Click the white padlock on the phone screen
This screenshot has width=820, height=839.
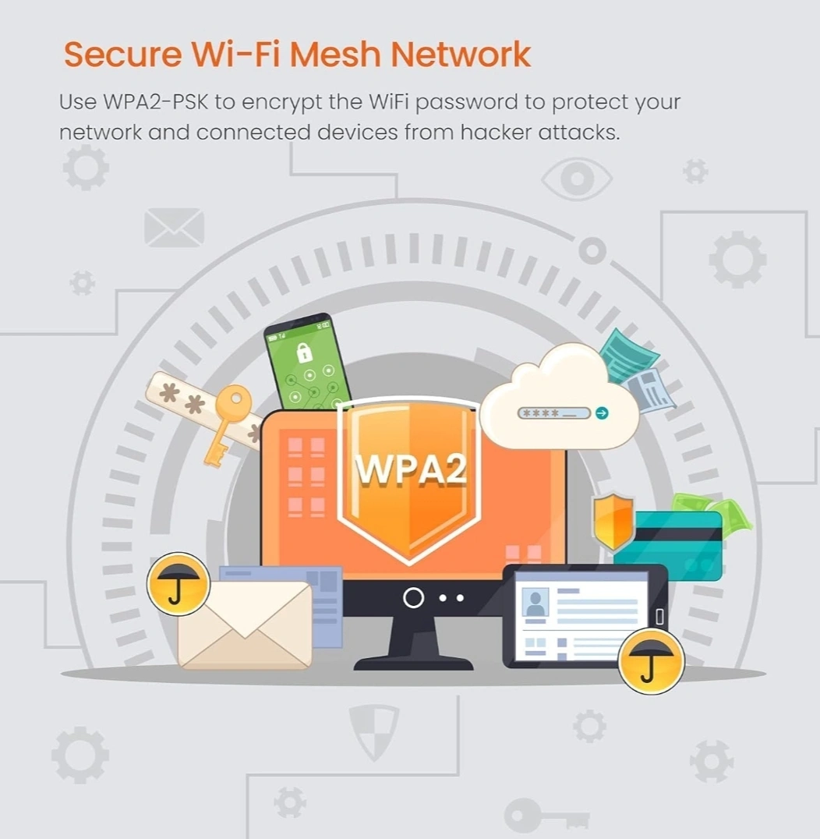(304, 352)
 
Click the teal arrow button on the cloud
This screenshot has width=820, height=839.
(602, 413)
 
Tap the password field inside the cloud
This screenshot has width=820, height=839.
(553, 413)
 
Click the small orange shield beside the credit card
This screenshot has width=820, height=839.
(613, 520)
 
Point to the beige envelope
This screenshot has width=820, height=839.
(244, 624)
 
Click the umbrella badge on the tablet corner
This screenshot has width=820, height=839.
(651, 662)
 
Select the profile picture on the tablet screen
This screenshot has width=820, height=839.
(535, 603)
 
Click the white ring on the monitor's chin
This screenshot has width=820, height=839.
(413, 598)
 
